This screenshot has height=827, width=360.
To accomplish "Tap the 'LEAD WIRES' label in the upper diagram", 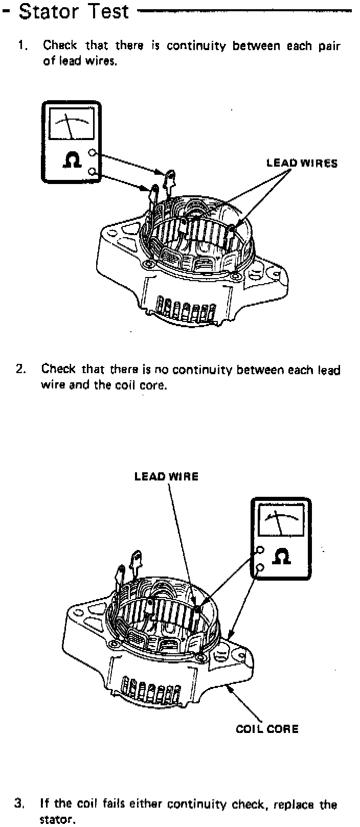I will pos(302,164).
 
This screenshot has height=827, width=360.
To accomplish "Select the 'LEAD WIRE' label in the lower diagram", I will pos(166,476).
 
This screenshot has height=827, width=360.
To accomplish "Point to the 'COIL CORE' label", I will pos(267,729).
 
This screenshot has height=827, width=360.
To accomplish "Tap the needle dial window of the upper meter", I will pos(71,124).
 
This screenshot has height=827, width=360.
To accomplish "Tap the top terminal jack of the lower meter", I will pos(260,550).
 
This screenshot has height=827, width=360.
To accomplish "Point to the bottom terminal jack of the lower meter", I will pos(260,567).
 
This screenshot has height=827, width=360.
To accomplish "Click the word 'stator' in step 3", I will pos(57,820).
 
